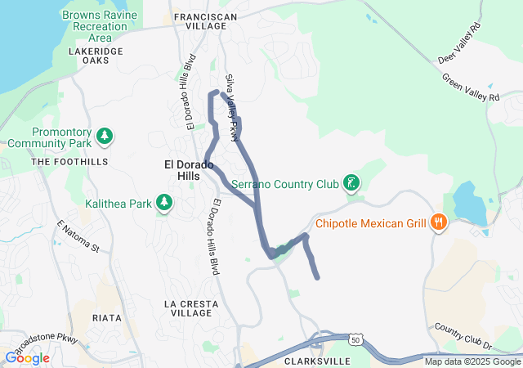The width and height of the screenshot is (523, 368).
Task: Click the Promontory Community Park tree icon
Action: [x=104, y=135]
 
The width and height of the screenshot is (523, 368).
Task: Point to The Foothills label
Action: [x=69, y=162]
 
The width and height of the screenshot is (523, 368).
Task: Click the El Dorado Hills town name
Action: [x=189, y=170]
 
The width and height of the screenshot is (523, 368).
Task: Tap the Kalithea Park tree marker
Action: [x=163, y=202]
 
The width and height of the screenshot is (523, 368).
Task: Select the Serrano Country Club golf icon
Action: [x=351, y=183]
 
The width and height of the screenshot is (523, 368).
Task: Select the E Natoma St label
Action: [x=78, y=236]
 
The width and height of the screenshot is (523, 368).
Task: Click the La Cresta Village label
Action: [x=191, y=307]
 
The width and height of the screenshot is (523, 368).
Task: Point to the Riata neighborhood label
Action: [x=107, y=317]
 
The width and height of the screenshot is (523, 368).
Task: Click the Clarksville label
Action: [x=317, y=361]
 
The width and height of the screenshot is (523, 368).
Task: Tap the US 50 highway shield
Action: [x=354, y=339]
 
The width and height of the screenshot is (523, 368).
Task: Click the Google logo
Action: [x=28, y=357]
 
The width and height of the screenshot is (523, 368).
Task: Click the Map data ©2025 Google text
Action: [x=472, y=361]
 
